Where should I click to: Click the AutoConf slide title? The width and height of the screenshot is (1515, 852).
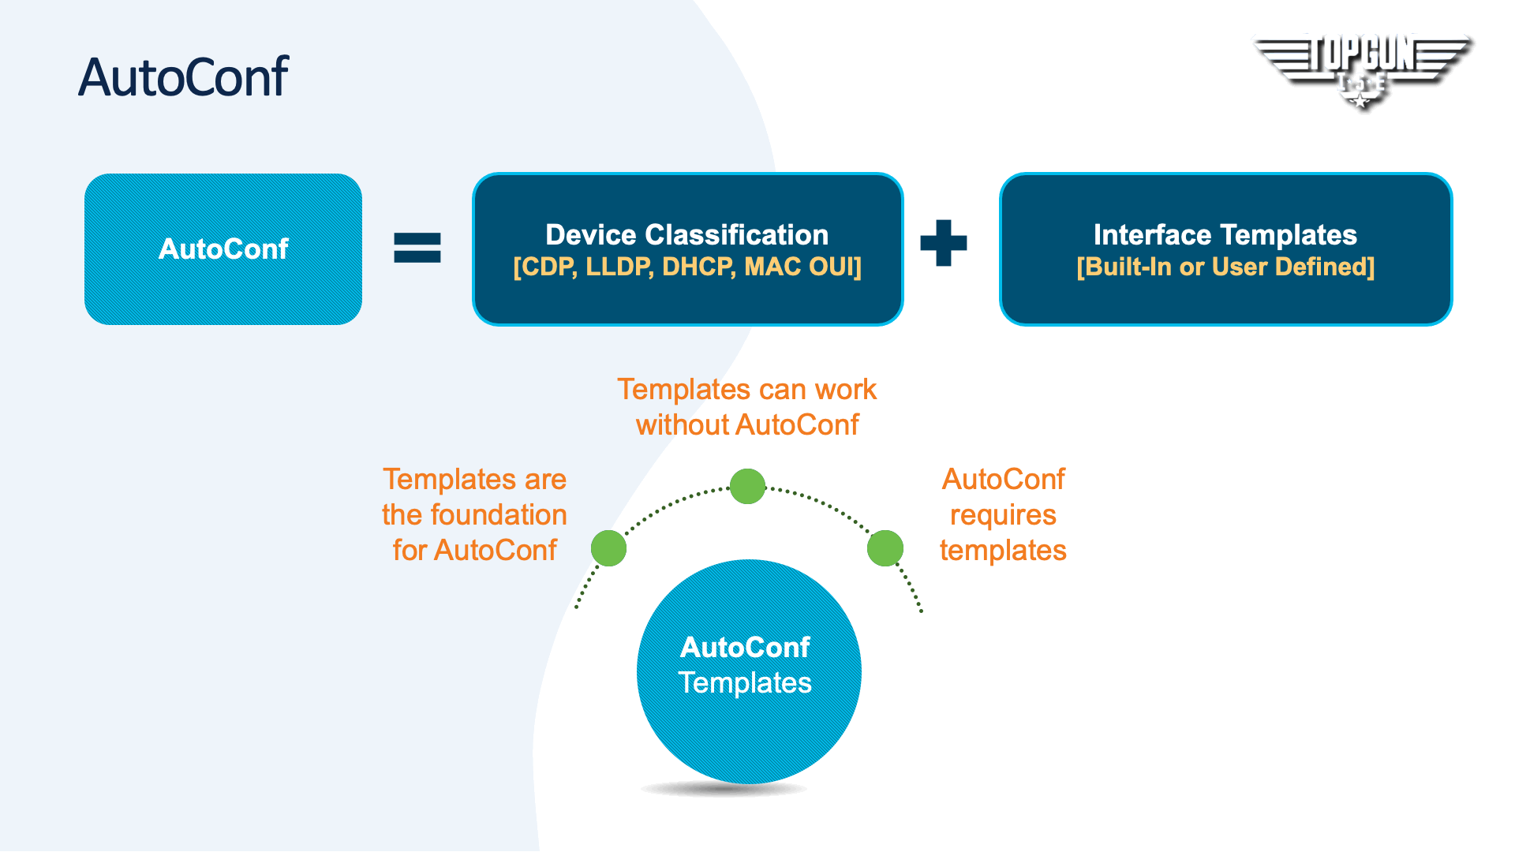[183, 77]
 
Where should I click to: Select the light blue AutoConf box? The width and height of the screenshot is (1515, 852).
[223, 249]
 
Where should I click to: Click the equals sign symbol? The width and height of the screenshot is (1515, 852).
[417, 248]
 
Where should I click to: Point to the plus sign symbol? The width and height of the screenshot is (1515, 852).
[943, 243]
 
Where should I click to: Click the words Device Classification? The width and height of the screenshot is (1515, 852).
[686, 235]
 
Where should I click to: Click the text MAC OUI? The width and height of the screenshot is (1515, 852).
[799, 267]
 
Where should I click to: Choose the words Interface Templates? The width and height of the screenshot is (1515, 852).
[1225, 235]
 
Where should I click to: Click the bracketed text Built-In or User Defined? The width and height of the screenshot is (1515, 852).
[1225, 267]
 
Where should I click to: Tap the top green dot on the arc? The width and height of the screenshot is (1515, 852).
[747, 486]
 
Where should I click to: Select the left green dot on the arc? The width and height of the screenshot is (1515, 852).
[608, 547]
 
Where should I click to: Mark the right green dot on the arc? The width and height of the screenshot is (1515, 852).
[885, 547]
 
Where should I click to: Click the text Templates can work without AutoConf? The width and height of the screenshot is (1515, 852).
[747, 407]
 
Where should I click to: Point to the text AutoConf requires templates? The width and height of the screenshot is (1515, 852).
[1003, 514]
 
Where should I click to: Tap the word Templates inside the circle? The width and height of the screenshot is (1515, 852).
[745, 683]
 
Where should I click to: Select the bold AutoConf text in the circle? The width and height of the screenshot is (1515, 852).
[745, 648]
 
